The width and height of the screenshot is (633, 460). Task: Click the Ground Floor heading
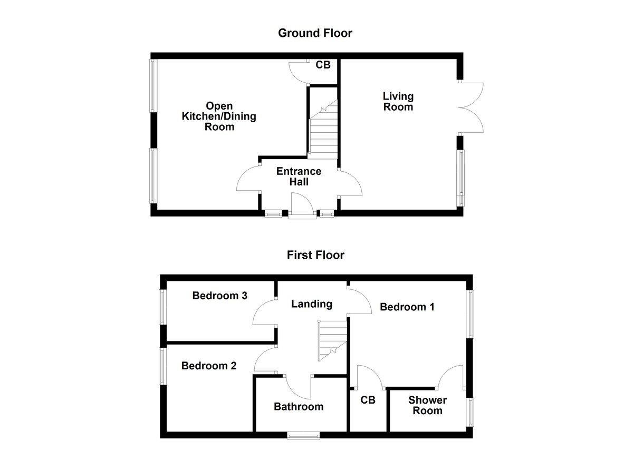[315, 33]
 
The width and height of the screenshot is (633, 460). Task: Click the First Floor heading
[315, 256]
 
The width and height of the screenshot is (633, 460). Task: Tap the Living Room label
[398, 102]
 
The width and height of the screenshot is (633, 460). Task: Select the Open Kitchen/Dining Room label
[219, 116]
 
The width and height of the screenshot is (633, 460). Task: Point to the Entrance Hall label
[299, 177]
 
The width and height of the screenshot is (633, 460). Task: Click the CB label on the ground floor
[323, 65]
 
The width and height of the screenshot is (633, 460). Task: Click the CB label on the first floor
[368, 400]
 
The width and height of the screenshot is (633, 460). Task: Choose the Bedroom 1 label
[407, 307]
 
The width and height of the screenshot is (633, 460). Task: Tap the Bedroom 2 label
[209, 366]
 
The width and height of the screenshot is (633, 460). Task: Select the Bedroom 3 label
[219, 296]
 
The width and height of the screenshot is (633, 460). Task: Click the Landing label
[312, 304]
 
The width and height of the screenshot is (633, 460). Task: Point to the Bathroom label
[298, 407]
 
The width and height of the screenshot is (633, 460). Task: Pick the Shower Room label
[427, 405]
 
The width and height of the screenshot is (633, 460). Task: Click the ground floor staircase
[322, 132]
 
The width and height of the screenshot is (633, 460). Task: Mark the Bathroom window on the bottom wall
[303, 435]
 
